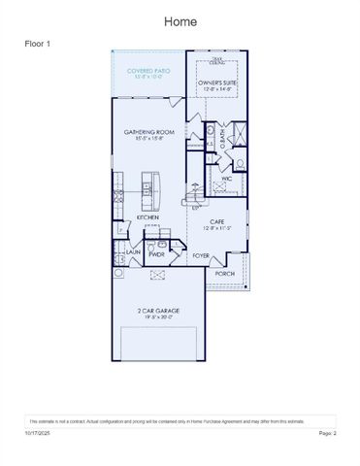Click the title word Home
(180, 21)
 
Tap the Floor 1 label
(38, 45)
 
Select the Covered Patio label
(147, 71)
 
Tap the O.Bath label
(222, 140)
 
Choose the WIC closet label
(225, 179)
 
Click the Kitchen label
(147, 217)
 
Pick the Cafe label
(217, 221)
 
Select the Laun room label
(133, 251)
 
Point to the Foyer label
(201, 255)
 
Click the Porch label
(225, 274)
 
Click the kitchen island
(149, 188)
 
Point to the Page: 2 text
(326, 433)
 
